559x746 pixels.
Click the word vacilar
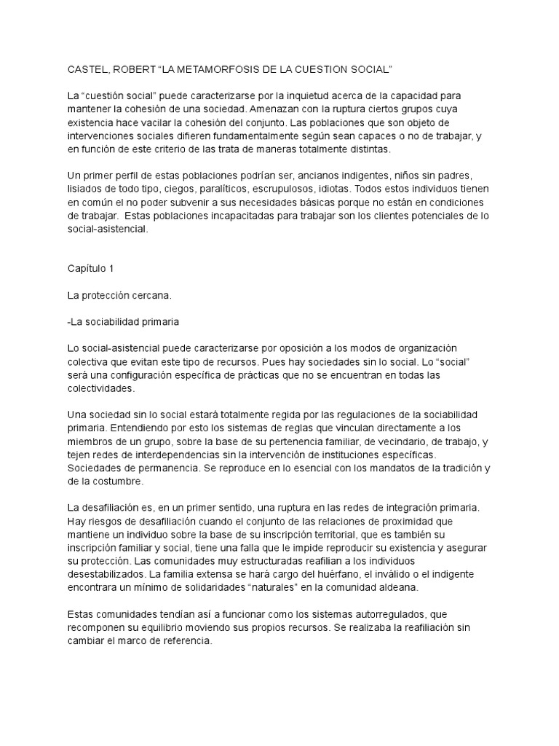(x=166, y=122)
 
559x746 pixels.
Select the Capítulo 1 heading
(x=90, y=269)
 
